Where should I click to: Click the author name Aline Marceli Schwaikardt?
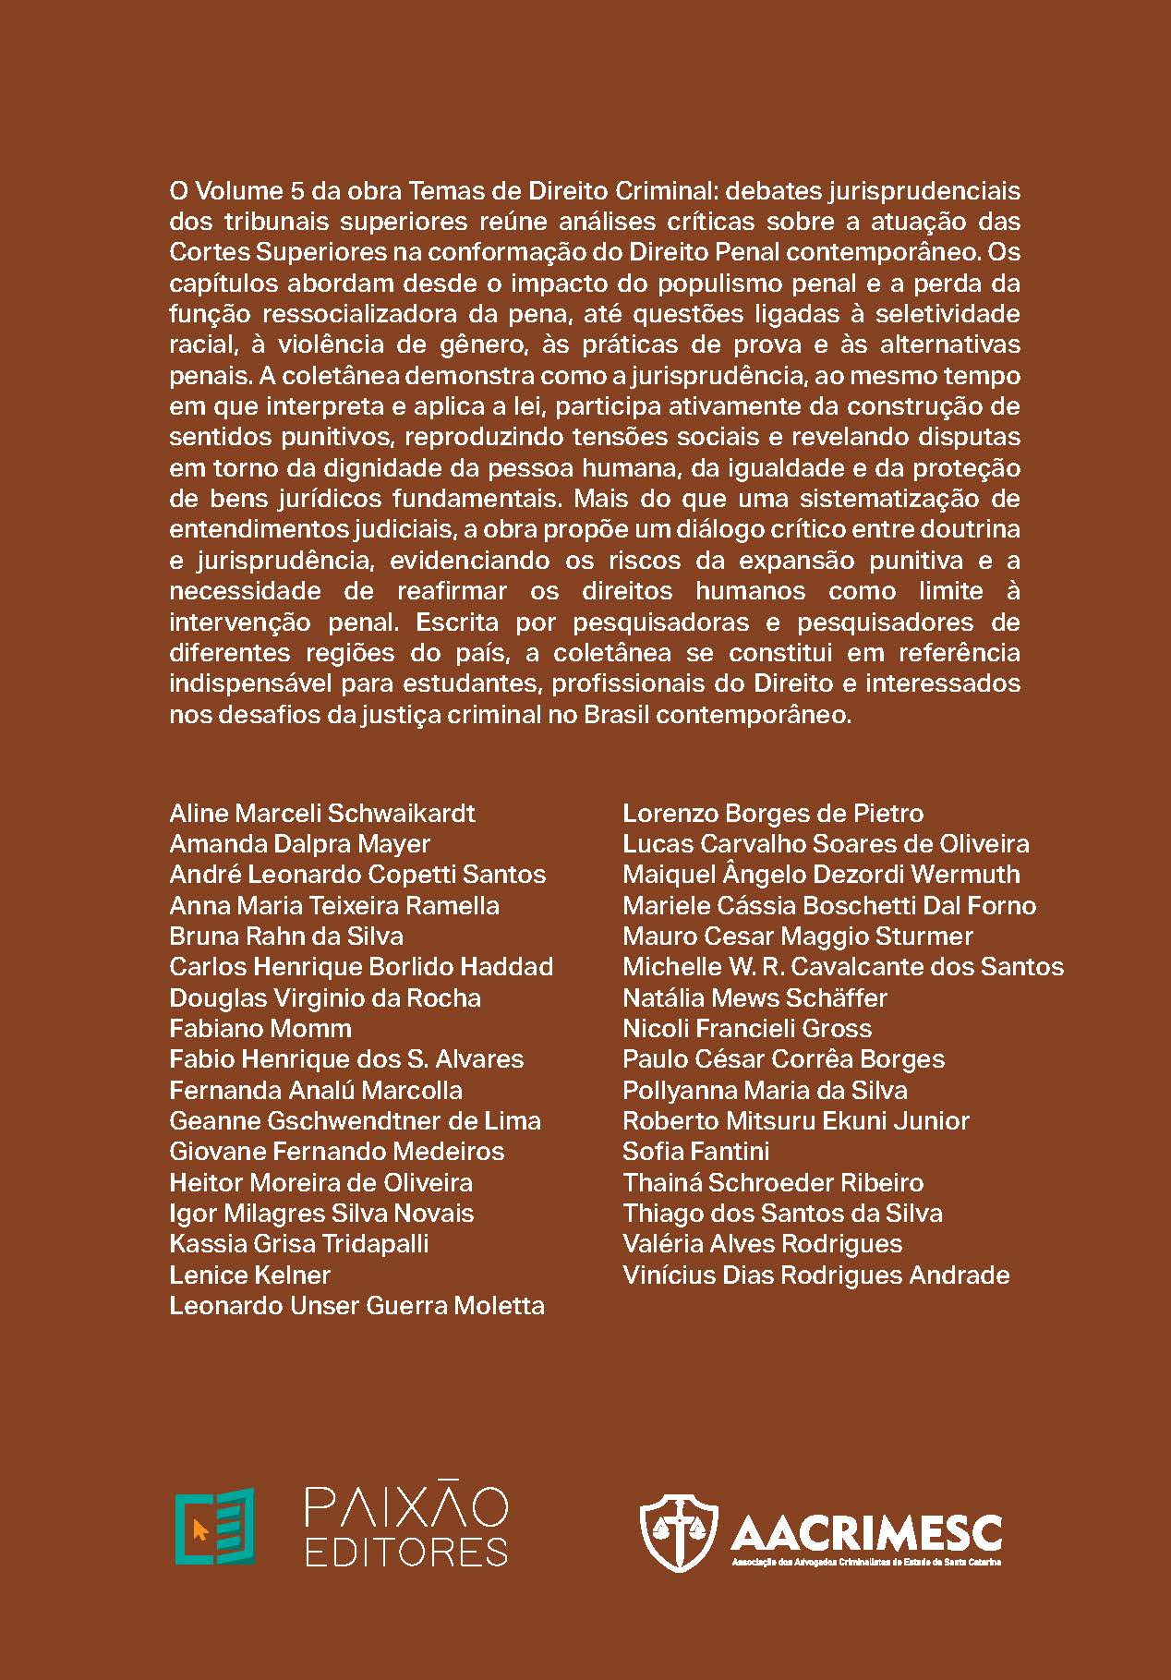pyautogui.click(x=322, y=814)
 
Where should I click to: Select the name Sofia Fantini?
pyautogui.click(x=695, y=1152)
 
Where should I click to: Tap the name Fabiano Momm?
pyautogui.click(x=260, y=1029)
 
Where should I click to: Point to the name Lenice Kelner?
pyautogui.click(x=249, y=1275)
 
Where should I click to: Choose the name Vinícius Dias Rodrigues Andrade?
pyautogui.click(x=815, y=1275)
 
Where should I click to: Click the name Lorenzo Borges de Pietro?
pyautogui.click(x=773, y=814)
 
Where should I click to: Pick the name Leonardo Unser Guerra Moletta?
pyautogui.click(x=356, y=1306)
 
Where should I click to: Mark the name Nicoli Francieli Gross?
pyautogui.click(x=746, y=1029)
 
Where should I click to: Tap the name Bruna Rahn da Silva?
pyautogui.click(x=286, y=937)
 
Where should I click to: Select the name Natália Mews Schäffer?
pyautogui.click(x=755, y=998)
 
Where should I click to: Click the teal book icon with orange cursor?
pyautogui.click(x=215, y=1526)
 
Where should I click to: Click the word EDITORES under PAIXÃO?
pyautogui.click(x=406, y=1552)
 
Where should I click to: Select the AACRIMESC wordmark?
pyautogui.click(x=865, y=1533)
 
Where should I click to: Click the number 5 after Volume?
pyautogui.click(x=296, y=191)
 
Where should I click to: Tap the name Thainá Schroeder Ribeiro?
pyautogui.click(x=773, y=1183)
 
